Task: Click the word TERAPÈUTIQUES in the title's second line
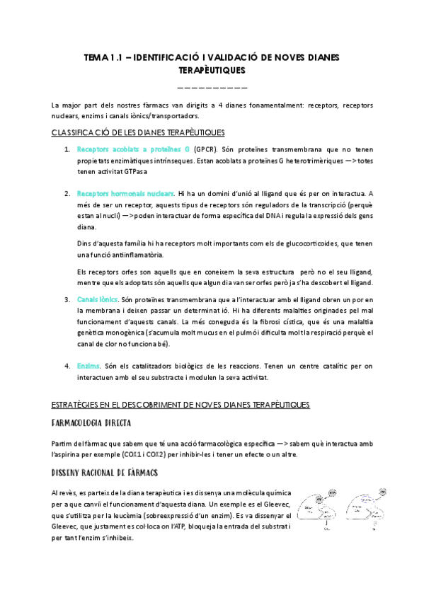coord(212,71)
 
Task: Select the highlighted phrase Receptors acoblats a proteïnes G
coord(133,150)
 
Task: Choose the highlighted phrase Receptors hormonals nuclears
coord(125,193)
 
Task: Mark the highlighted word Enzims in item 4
coord(87,366)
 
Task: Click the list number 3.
coord(67,299)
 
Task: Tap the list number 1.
coord(67,150)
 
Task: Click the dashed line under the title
coord(212,88)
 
